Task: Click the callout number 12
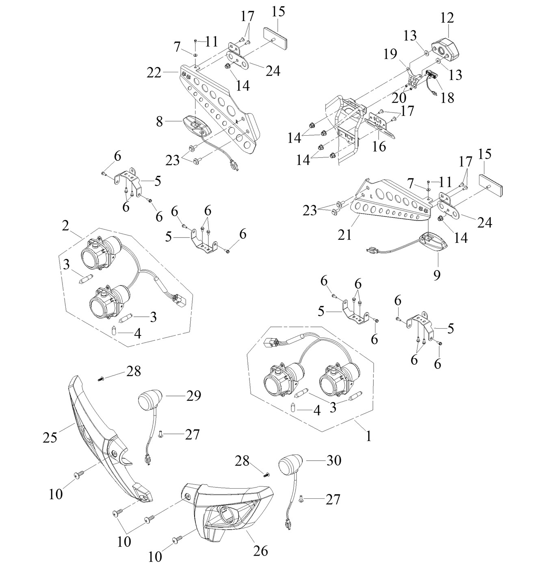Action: coord(447,18)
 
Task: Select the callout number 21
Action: coord(345,234)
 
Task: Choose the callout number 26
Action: coord(260,551)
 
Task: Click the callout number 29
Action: coord(193,395)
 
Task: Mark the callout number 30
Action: coord(333,460)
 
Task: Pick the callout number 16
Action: coord(379,146)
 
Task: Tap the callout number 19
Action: coord(390,54)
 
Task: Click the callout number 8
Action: coord(159,121)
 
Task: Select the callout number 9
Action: coord(437,275)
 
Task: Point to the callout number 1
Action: coord(368,436)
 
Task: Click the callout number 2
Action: coord(65,226)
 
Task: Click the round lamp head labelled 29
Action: coord(150,400)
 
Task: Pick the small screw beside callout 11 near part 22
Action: coord(195,41)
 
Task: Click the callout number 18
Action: coord(447,98)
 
